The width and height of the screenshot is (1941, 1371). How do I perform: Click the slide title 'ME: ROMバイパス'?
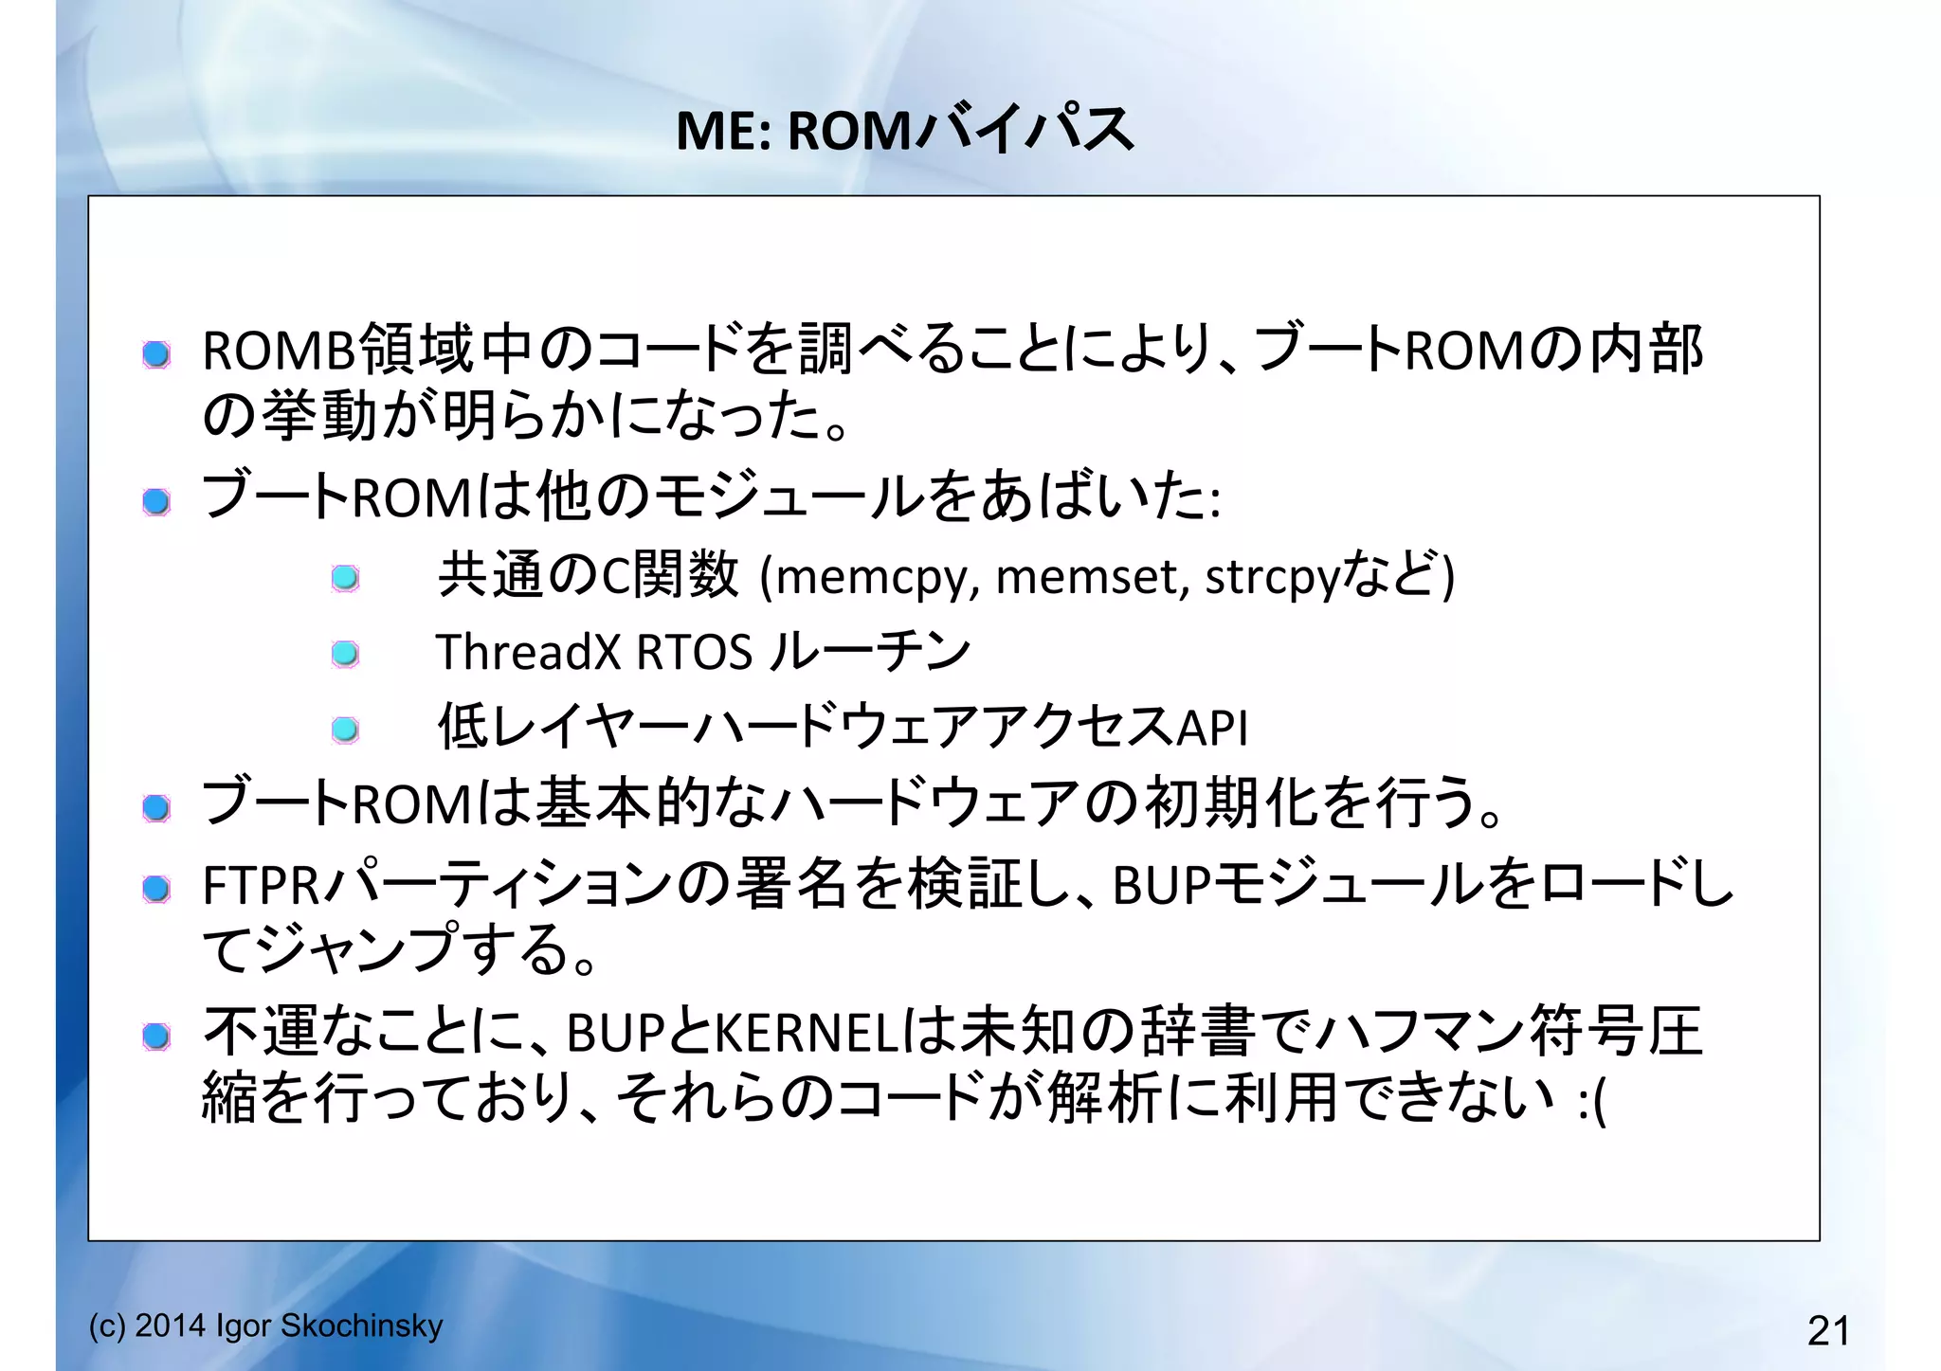904,130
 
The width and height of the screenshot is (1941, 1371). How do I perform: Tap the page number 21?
1828,1330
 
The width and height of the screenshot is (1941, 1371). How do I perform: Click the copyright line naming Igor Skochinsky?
265,1326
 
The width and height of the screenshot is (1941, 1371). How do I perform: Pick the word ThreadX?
528,652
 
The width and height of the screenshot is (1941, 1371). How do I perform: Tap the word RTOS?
695,652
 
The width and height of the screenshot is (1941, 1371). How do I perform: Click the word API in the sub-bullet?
1212,728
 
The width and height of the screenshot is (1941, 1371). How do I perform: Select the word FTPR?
261,886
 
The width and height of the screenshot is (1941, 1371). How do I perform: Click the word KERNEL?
806,1033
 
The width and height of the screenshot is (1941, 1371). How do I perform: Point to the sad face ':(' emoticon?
1592,1101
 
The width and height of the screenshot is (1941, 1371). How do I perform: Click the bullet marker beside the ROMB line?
156,355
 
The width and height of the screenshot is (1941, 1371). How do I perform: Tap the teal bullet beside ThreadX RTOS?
345,654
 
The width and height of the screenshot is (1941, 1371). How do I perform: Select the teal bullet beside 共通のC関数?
345,578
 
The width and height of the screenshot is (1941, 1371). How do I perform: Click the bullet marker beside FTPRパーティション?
156,889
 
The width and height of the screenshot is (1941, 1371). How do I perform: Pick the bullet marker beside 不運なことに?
156,1037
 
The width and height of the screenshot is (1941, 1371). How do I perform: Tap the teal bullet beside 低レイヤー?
345,730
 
